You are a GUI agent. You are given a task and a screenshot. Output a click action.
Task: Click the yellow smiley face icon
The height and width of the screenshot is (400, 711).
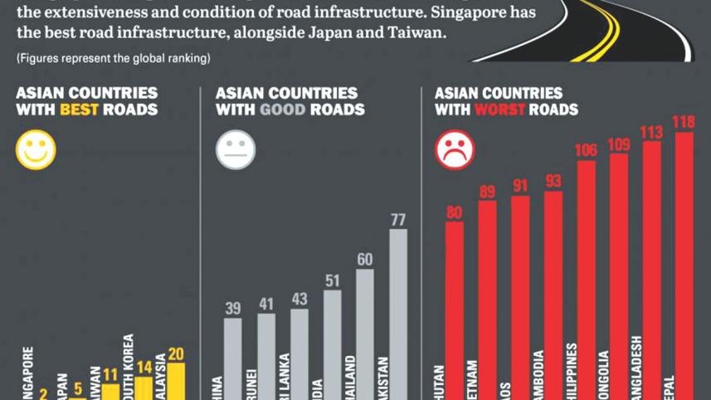tap(36, 150)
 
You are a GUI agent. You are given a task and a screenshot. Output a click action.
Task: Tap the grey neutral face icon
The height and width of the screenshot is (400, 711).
tap(236, 151)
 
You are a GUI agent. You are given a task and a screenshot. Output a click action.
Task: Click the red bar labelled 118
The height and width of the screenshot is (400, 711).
tap(684, 266)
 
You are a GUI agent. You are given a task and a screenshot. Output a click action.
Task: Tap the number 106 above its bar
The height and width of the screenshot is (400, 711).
tap(587, 150)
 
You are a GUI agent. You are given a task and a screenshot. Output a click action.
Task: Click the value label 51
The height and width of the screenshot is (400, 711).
tap(332, 280)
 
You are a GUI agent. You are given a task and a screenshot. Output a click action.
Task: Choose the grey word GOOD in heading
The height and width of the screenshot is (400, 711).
tap(281, 110)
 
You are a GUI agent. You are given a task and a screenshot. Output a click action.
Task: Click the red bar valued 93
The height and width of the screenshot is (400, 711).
tap(553, 295)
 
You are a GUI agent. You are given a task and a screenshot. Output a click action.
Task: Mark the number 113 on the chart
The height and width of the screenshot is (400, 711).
tap(652, 131)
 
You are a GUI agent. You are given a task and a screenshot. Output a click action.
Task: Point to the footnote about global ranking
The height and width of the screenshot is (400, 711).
tap(113, 58)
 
